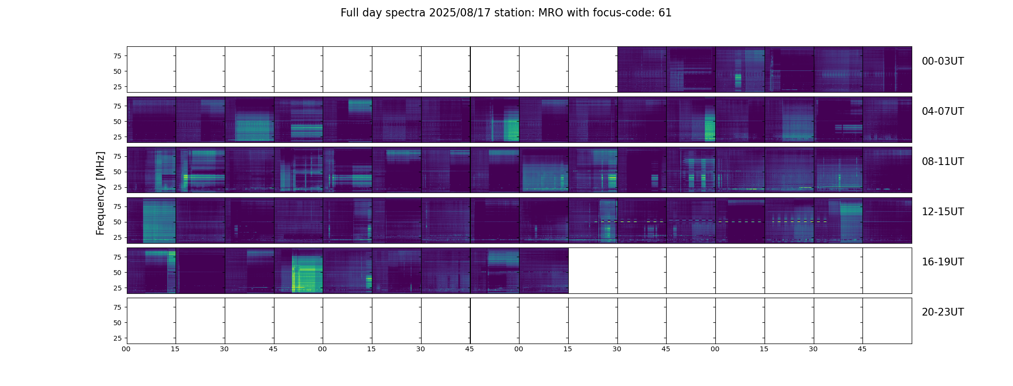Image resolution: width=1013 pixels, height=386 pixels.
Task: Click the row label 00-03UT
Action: [x=943, y=61]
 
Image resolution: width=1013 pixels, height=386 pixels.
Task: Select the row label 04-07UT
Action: [x=943, y=111]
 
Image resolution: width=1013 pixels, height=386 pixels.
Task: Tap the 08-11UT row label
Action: [x=943, y=162]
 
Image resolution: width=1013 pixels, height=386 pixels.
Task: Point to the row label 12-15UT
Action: [x=943, y=212]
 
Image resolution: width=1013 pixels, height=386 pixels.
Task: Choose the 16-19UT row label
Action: [x=943, y=262]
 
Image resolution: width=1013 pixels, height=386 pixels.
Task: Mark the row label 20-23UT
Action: [x=943, y=312]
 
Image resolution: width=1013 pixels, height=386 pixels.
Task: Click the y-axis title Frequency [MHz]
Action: [x=100, y=193]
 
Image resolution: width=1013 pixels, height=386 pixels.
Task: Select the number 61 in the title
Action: [x=665, y=13]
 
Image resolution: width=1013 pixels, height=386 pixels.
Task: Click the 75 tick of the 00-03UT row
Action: [x=117, y=56]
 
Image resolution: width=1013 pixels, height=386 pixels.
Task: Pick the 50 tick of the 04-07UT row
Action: [x=117, y=122]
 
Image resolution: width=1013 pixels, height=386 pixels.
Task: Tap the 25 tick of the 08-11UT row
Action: [x=117, y=187]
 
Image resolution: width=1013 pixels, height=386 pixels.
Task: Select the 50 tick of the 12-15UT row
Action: [x=117, y=222]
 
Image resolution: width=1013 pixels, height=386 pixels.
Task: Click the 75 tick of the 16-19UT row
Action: [x=117, y=257]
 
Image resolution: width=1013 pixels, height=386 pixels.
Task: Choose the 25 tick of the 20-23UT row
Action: [x=117, y=338]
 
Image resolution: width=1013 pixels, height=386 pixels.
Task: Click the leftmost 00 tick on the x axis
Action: [x=126, y=349]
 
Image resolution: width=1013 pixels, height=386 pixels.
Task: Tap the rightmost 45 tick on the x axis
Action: [x=862, y=349]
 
